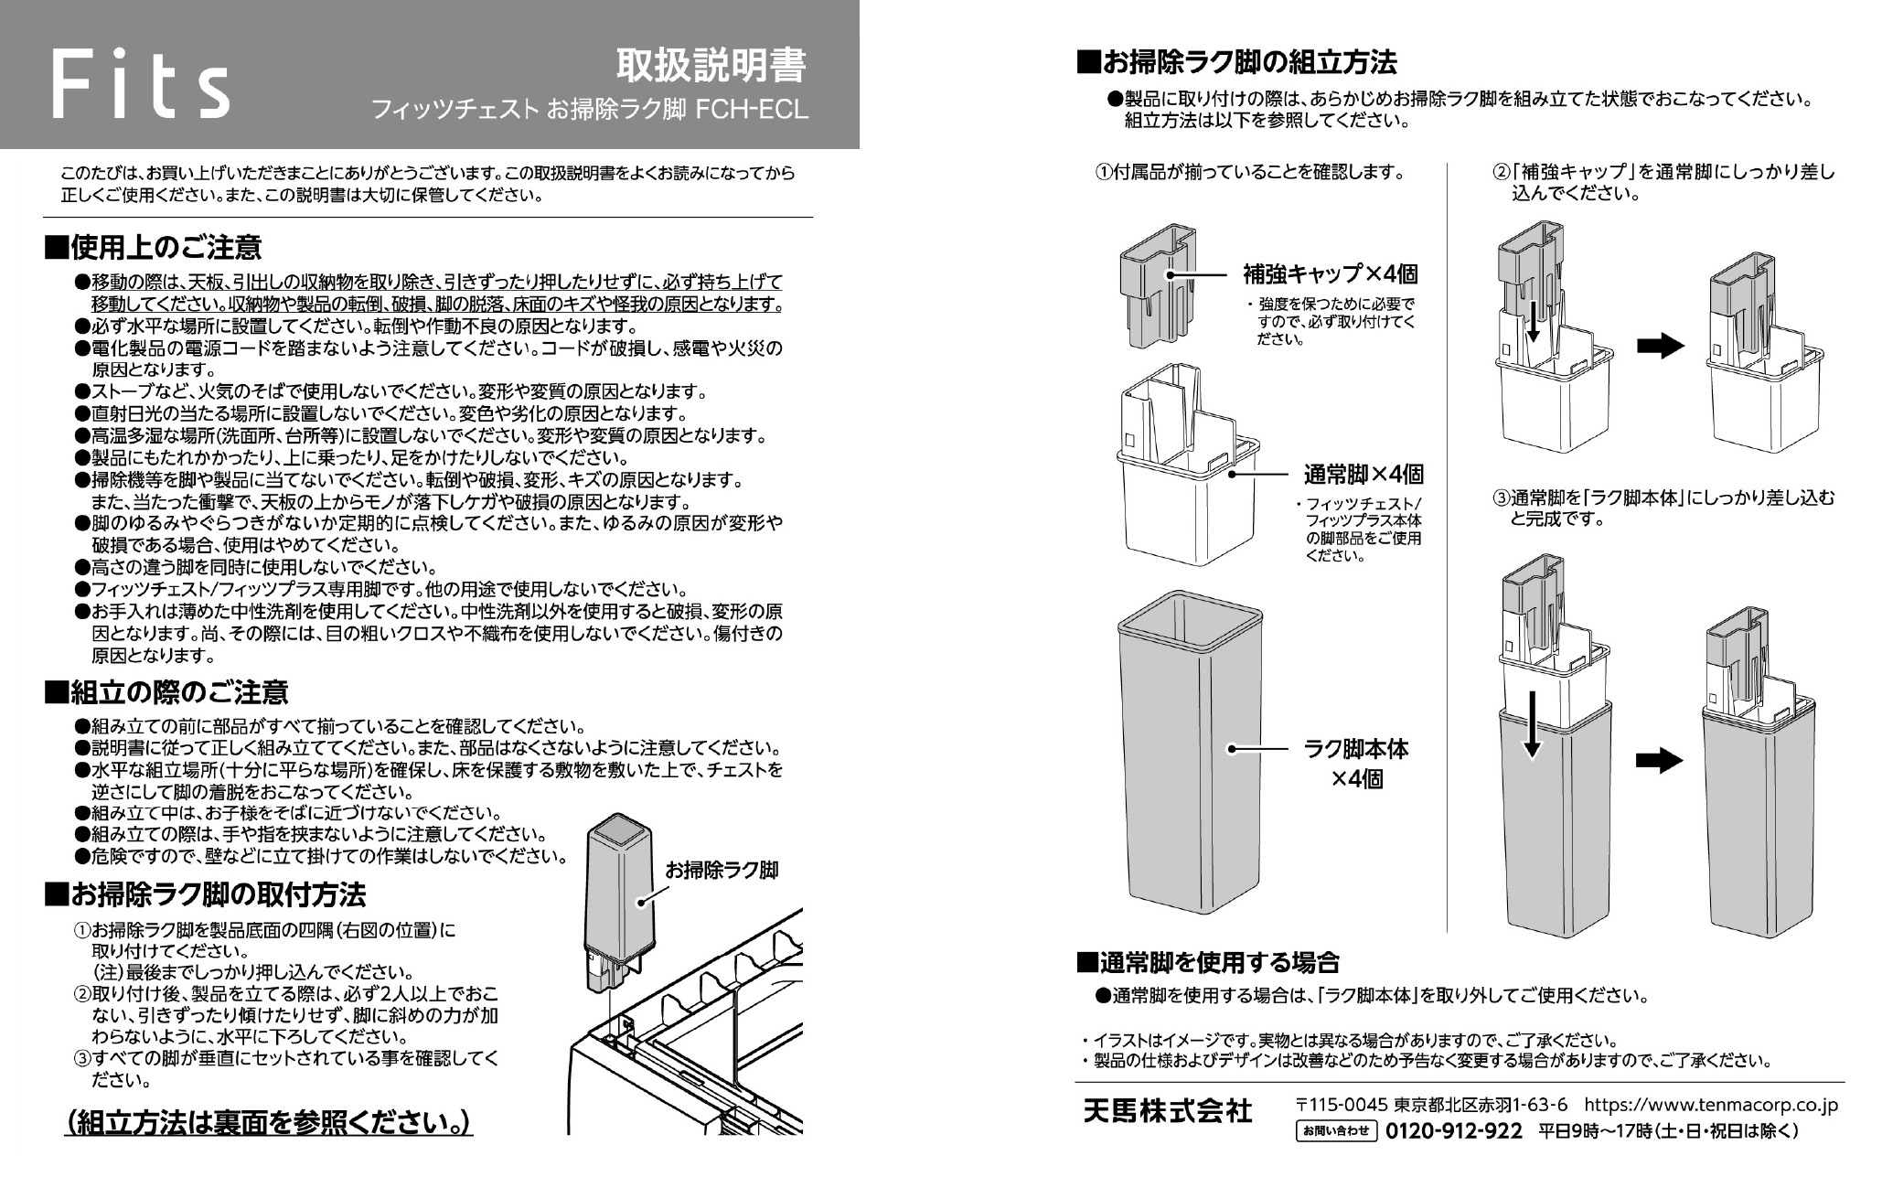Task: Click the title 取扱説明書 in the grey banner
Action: (711, 66)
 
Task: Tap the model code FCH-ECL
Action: (753, 111)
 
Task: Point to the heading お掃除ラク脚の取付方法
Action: (205, 893)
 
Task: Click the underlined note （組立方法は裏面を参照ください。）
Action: (269, 1123)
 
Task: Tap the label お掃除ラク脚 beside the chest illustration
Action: (722, 870)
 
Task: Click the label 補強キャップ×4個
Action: (1330, 273)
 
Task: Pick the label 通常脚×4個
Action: (1363, 475)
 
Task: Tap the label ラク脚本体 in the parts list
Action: (1355, 749)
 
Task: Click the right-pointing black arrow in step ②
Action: (1660, 346)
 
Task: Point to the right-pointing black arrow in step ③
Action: (1660, 761)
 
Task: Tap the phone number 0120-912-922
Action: (1454, 1132)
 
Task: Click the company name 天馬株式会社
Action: (1167, 1111)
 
